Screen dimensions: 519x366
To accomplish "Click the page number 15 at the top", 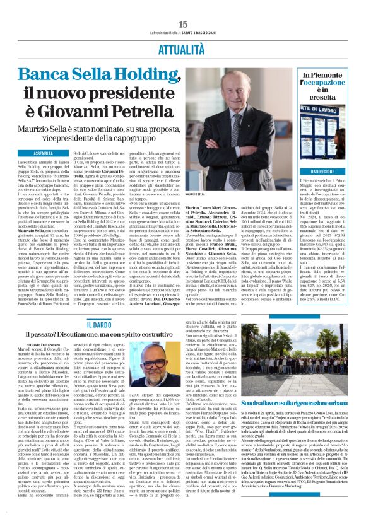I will (x=183, y=24).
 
